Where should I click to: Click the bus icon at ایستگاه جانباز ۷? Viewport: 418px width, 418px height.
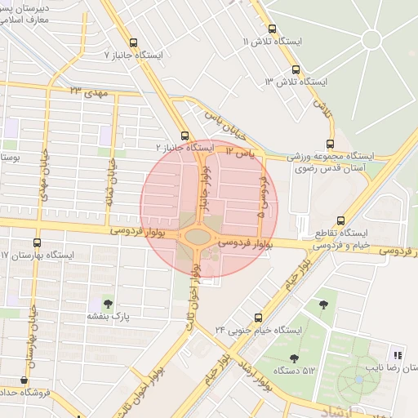click(133, 42)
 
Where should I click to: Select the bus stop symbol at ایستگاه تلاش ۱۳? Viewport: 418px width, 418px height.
click(296, 70)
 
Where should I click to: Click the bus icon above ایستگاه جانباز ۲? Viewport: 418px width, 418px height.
click(185, 136)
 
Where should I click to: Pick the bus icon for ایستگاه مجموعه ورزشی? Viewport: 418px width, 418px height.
click(330, 143)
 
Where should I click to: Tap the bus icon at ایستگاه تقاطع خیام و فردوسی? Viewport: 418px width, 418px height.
click(340, 220)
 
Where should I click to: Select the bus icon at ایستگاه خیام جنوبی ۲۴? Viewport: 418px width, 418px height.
click(258, 317)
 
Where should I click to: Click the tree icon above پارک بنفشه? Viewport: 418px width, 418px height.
click(109, 303)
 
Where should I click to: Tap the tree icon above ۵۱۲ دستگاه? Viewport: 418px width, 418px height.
click(294, 358)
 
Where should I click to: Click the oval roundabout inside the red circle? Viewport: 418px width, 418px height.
click(198, 237)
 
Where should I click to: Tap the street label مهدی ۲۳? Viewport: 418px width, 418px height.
click(89, 92)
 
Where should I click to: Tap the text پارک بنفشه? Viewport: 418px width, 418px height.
click(109, 315)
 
